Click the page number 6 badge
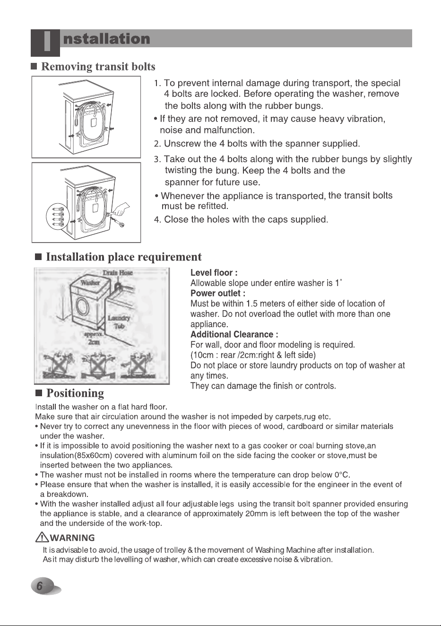point(45,586)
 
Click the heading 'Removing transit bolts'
point(98,67)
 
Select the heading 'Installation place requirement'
point(123,257)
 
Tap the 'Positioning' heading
point(75,393)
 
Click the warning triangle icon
point(42,537)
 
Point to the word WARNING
point(72,538)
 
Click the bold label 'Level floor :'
point(214,273)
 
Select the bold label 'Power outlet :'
point(218,294)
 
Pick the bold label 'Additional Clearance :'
point(234,335)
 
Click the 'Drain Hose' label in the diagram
point(117,273)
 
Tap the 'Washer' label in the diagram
point(90,282)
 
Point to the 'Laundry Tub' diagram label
point(119,322)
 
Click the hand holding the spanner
point(122,209)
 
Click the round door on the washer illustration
point(82,307)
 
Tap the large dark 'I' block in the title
point(45,43)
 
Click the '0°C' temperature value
point(342,475)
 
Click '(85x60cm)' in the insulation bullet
point(93,455)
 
